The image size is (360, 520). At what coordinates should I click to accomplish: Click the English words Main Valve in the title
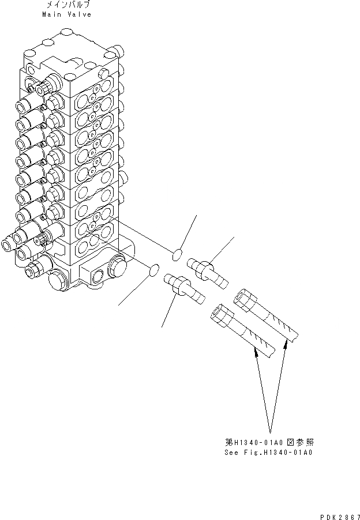click(x=66, y=14)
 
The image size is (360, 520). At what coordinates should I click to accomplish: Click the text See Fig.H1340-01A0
click(x=269, y=453)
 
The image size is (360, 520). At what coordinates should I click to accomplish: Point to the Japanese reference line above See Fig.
click(x=269, y=443)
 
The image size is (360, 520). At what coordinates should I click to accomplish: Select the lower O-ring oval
click(x=154, y=268)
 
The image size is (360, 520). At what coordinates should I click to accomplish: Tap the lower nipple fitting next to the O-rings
click(x=185, y=287)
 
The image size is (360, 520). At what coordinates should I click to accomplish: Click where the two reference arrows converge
click(x=269, y=431)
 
